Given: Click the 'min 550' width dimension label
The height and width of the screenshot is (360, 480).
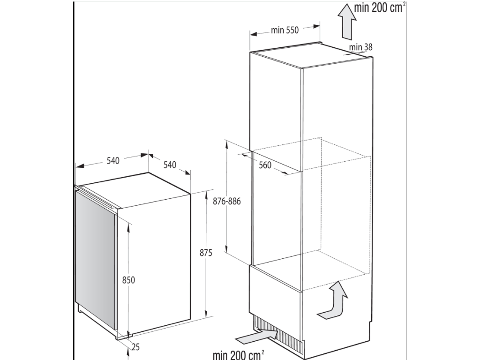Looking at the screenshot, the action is [285, 30].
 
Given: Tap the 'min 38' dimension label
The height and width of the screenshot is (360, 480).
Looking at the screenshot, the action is [360, 47].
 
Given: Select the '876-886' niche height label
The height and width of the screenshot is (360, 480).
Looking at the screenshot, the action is [227, 201].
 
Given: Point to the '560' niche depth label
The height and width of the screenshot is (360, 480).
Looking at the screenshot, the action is [265, 165].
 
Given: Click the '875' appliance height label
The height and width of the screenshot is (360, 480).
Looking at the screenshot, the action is [206, 253].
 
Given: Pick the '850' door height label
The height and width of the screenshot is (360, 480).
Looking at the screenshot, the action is [128, 280].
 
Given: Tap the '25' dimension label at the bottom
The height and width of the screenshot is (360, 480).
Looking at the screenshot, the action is [135, 346].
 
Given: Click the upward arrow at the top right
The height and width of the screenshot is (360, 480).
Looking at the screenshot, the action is [347, 22].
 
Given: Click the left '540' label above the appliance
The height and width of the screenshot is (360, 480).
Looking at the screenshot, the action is [113, 160].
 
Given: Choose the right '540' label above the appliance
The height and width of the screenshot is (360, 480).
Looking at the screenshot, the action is [170, 165].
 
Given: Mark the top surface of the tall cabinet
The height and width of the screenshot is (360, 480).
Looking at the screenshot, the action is [311, 55].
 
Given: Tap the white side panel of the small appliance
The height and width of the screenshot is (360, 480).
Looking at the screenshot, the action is [154, 263].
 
